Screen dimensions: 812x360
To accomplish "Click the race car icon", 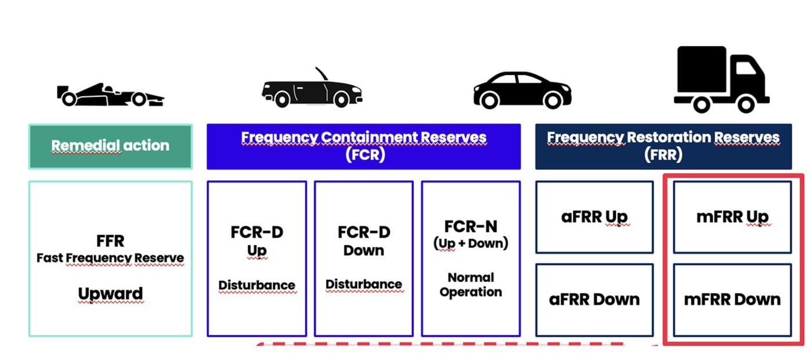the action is pos(110,95).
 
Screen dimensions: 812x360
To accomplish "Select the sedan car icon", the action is pos(523,90).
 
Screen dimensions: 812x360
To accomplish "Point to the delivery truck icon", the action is pos(722,79).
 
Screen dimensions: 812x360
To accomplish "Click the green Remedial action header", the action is pos(111,146).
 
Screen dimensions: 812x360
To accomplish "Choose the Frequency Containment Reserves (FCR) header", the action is pos(364,146).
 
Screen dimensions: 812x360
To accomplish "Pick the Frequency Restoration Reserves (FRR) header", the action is pos(664,146).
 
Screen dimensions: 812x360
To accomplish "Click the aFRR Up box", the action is pos(594,217).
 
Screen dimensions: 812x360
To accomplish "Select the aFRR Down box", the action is pos(594,300).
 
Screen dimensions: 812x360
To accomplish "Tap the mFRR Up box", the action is pos(732,217).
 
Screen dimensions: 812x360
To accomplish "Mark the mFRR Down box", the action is pos(732,300).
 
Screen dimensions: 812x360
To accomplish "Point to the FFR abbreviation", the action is pos(111,241).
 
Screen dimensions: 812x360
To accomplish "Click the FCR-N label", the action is pos(471,227).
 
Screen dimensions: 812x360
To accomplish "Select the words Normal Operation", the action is pos(471,285).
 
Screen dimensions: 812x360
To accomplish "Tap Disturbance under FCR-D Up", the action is pos(256,285).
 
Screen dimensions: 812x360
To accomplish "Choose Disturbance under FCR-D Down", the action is pos(364,284).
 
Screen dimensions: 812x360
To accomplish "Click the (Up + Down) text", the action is pos(471,243).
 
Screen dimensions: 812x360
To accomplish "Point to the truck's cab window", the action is pos(746,68).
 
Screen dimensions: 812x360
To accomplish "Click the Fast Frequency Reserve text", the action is pos(110,258).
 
